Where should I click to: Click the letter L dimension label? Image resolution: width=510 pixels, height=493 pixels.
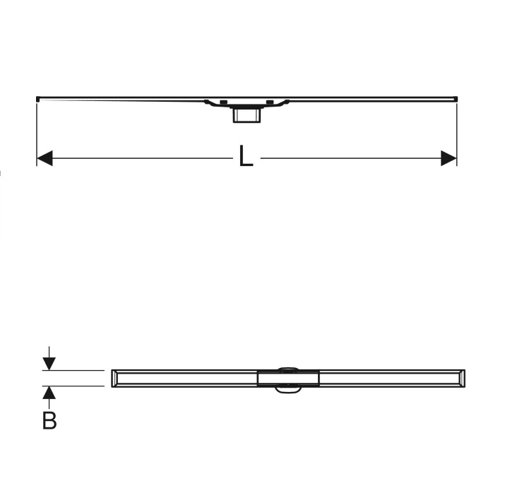[x=246, y=157]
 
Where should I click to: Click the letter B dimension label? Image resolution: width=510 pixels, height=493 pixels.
[x=49, y=420]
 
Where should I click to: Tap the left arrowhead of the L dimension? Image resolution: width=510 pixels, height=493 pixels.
[x=45, y=158]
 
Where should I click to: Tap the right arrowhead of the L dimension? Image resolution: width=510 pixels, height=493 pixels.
[x=449, y=158]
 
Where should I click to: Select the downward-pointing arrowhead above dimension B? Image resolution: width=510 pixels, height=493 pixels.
[x=49, y=364]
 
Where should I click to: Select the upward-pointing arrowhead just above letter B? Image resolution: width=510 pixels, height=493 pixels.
[x=49, y=393]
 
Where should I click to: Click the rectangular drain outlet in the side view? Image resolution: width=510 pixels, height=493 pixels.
[x=247, y=115]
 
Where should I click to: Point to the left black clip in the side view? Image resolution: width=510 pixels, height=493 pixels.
[x=223, y=102]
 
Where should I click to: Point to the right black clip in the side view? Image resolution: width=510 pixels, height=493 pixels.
[x=270, y=102]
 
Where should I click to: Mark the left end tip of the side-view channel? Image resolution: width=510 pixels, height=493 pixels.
[x=37, y=99]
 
